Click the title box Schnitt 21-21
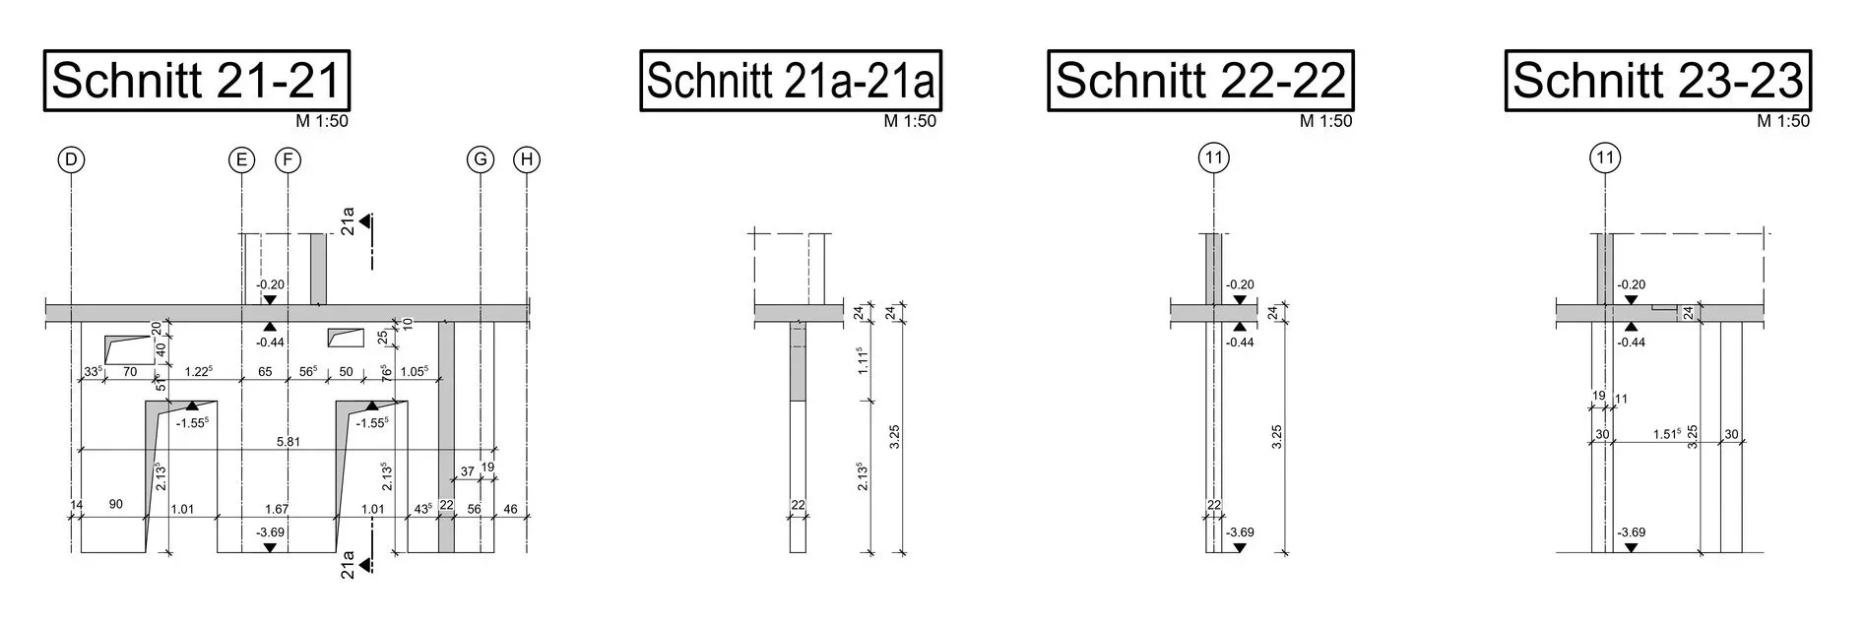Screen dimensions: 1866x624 pyautogui.click(x=197, y=80)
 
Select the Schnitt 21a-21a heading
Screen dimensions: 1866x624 pyautogui.click(x=791, y=80)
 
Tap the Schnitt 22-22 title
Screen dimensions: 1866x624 pyautogui.click(x=1200, y=80)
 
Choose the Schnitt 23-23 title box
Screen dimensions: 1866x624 pyautogui.click(x=1658, y=80)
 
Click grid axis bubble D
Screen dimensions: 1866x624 pyautogui.click(x=72, y=159)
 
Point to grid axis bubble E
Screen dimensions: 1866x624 pyautogui.click(x=241, y=159)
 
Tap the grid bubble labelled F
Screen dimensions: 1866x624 pyautogui.click(x=288, y=159)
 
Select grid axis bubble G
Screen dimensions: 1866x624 pyautogui.click(x=480, y=159)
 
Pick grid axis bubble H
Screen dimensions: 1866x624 pyautogui.click(x=527, y=159)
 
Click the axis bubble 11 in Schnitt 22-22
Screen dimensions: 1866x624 pyautogui.click(x=1213, y=157)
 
